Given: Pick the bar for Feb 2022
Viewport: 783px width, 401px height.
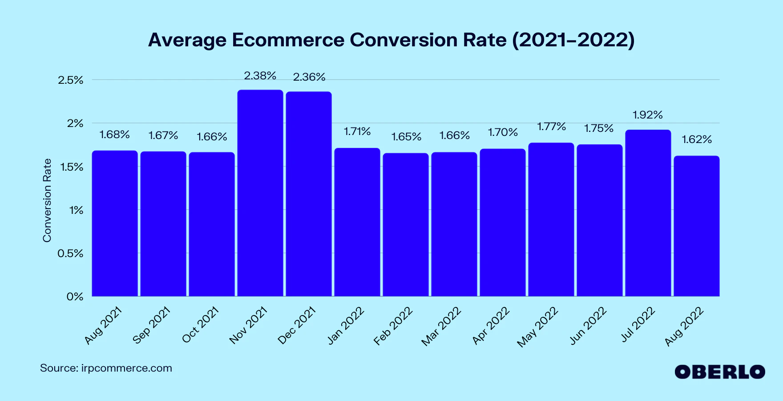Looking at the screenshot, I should pos(406,225).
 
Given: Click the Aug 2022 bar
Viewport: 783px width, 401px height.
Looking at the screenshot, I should pos(697,226).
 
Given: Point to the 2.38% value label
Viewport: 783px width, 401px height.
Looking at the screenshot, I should pos(260,76).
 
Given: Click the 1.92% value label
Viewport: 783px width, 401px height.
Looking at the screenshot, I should pos(648,115).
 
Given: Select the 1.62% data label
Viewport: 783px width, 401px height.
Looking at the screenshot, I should pos(697,140).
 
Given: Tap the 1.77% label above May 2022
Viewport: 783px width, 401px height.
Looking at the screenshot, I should pos(551,127).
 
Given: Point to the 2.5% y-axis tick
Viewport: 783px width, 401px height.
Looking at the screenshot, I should pos(71,80).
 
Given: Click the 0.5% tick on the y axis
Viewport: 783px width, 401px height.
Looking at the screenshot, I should pos(71,254).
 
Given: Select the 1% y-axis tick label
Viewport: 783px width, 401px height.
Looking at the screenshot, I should pos(76,210).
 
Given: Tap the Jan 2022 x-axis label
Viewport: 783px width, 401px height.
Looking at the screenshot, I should pos(346,326).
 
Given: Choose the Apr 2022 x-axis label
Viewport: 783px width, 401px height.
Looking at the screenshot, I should pos(491,326).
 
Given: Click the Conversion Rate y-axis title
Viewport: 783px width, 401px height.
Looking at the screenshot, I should pos(47,200).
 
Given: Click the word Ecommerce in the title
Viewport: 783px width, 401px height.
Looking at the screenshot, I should pos(288,40).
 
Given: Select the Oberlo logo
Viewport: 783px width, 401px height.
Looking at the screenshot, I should pos(720,372).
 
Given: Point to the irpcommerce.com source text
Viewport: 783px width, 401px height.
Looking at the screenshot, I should pos(126,368).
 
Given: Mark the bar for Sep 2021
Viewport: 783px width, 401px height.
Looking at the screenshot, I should pos(163,224).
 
